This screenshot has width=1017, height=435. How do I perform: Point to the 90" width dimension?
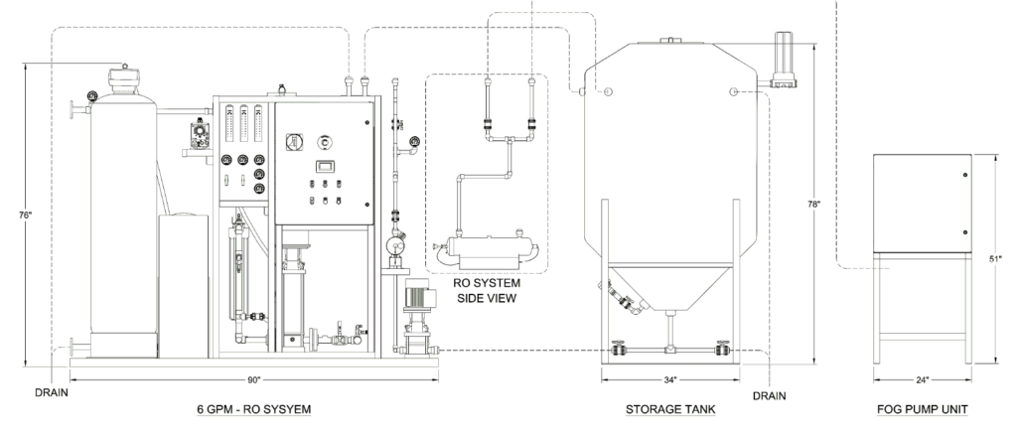(x=254, y=379)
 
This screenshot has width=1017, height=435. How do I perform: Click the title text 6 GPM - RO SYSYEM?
(x=255, y=409)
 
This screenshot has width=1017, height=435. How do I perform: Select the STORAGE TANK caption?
(x=669, y=409)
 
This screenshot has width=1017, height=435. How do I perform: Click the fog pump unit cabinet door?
(x=920, y=203)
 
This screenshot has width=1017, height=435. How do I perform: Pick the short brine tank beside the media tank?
(x=184, y=283)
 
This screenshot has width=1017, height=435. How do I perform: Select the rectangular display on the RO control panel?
(x=324, y=167)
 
